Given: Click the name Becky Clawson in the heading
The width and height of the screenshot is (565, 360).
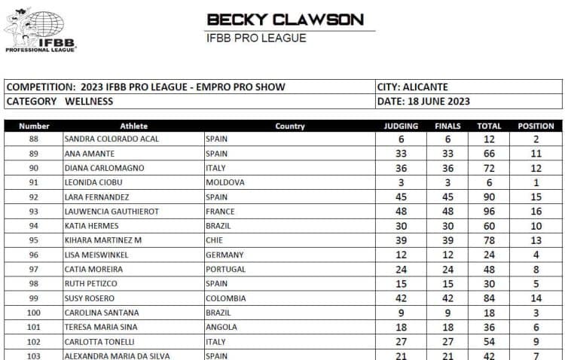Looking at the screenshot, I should [285, 20].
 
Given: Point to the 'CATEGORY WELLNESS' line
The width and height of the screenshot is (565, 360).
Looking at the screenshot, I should [60, 102].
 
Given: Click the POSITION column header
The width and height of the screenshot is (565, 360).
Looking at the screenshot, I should [536, 127].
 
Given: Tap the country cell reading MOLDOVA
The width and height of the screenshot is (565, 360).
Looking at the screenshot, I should [224, 182].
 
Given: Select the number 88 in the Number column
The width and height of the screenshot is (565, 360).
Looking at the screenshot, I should [34, 139].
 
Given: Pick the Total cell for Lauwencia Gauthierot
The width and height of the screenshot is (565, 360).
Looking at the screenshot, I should [489, 212].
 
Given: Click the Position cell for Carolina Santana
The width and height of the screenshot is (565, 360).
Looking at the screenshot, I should [536, 313].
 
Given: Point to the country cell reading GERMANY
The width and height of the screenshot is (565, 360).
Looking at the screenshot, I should [225, 255].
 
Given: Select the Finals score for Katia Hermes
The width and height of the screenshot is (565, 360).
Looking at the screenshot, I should [447, 226].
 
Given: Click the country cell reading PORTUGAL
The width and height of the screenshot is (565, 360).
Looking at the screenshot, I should [226, 269].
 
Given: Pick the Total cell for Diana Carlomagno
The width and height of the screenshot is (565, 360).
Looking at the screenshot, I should [489, 168].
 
